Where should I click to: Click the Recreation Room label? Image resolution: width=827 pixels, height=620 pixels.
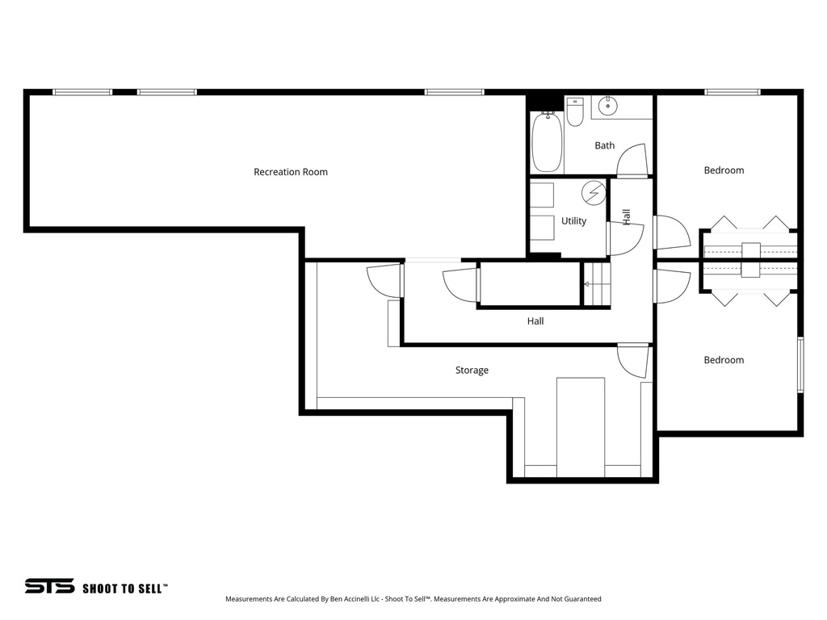pyautogui.click(x=291, y=172)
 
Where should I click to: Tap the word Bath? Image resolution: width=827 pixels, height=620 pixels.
pyautogui.click(x=604, y=145)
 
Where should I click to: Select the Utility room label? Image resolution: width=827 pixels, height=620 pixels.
pyautogui.click(x=573, y=220)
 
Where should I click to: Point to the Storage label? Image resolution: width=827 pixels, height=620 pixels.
pyautogui.click(x=472, y=370)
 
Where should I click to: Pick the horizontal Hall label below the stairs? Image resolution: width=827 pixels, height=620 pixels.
pyautogui.click(x=535, y=320)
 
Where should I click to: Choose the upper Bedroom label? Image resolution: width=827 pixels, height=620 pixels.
pyautogui.click(x=724, y=170)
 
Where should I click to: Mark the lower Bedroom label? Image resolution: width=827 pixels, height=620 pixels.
pyautogui.click(x=724, y=360)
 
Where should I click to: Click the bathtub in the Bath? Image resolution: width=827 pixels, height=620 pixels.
pyautogui.click(x=547, y=142)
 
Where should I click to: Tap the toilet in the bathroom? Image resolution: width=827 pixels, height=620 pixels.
pyautogui.click(x=575, y=113)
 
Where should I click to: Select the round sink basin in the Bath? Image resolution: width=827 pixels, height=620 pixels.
pyautogui.click(x=607, y=105)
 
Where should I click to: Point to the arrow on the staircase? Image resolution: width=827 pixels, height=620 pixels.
pyautogui.click(x=587, y=284)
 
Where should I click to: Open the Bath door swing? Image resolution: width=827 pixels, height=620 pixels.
pyautogui.click(x=633, y=159)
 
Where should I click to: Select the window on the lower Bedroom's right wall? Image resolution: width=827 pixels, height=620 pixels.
pyautogui.click(x=800, y=365)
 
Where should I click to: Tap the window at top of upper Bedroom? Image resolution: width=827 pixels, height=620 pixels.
pyautogui.click(x=733, y=92)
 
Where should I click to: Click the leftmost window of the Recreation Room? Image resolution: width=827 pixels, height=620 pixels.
pyautogui.click(x=82, y=92)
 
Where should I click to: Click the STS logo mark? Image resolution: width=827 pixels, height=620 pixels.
pyautogui.click(x=49, y=586)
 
